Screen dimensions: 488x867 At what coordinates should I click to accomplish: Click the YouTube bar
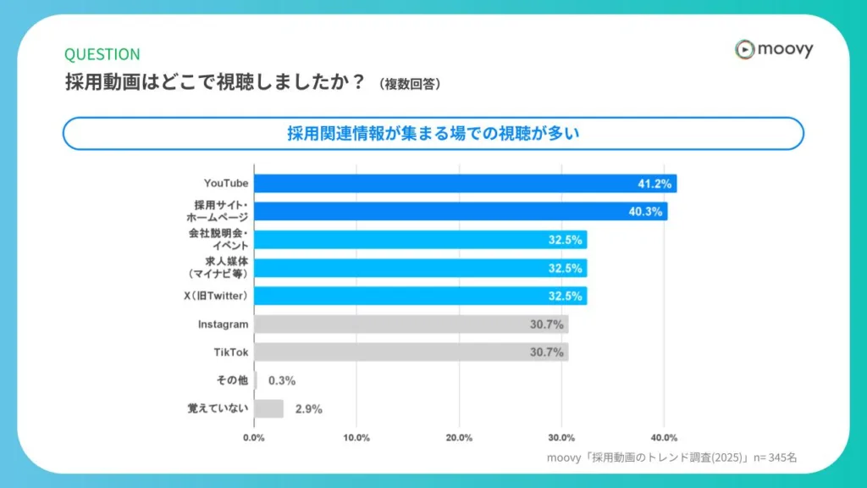[465, 183]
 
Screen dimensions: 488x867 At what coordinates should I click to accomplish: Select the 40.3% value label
[645, 212]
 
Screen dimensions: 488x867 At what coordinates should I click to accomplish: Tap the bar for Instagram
[411, 324]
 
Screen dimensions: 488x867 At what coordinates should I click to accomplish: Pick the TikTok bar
[411, 352]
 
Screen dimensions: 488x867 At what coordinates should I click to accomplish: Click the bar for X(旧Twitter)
[420, 296]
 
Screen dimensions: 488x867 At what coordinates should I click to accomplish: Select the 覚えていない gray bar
[268, 408]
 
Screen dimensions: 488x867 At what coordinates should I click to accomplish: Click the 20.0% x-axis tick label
[459, 438]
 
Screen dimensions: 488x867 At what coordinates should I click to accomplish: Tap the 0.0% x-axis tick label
[254, 438]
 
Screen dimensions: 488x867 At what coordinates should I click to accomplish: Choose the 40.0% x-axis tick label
[664, 438]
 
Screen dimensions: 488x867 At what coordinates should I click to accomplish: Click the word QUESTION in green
[102, 54]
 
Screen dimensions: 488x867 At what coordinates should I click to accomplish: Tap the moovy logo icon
[744, 50]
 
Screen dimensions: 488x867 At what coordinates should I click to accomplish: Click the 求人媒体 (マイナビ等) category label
[218, 268]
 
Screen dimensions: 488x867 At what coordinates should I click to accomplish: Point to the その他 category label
[232, 380]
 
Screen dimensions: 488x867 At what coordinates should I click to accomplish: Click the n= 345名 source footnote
[766, 457]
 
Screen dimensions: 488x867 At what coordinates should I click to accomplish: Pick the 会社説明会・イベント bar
[420, 240]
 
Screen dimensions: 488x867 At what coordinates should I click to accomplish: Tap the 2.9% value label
[309, 409]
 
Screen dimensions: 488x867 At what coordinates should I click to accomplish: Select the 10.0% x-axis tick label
[356, 438]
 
